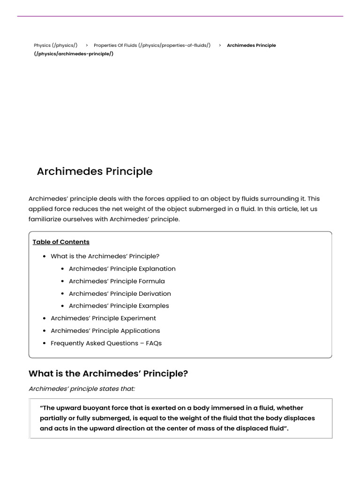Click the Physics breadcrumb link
55,45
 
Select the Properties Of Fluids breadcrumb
152,45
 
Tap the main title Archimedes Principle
95,172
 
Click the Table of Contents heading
61,242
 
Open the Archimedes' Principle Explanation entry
122,269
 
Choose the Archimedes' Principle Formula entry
117,281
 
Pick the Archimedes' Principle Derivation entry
120,293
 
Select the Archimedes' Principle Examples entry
119,306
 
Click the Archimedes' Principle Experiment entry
103,318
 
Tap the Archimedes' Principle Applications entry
105,330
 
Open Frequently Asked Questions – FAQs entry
106,343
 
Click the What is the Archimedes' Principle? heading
108,374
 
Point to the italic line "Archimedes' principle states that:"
82,389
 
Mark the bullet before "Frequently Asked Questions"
44,344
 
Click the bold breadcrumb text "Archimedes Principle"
251,45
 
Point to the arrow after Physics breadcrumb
87,45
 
